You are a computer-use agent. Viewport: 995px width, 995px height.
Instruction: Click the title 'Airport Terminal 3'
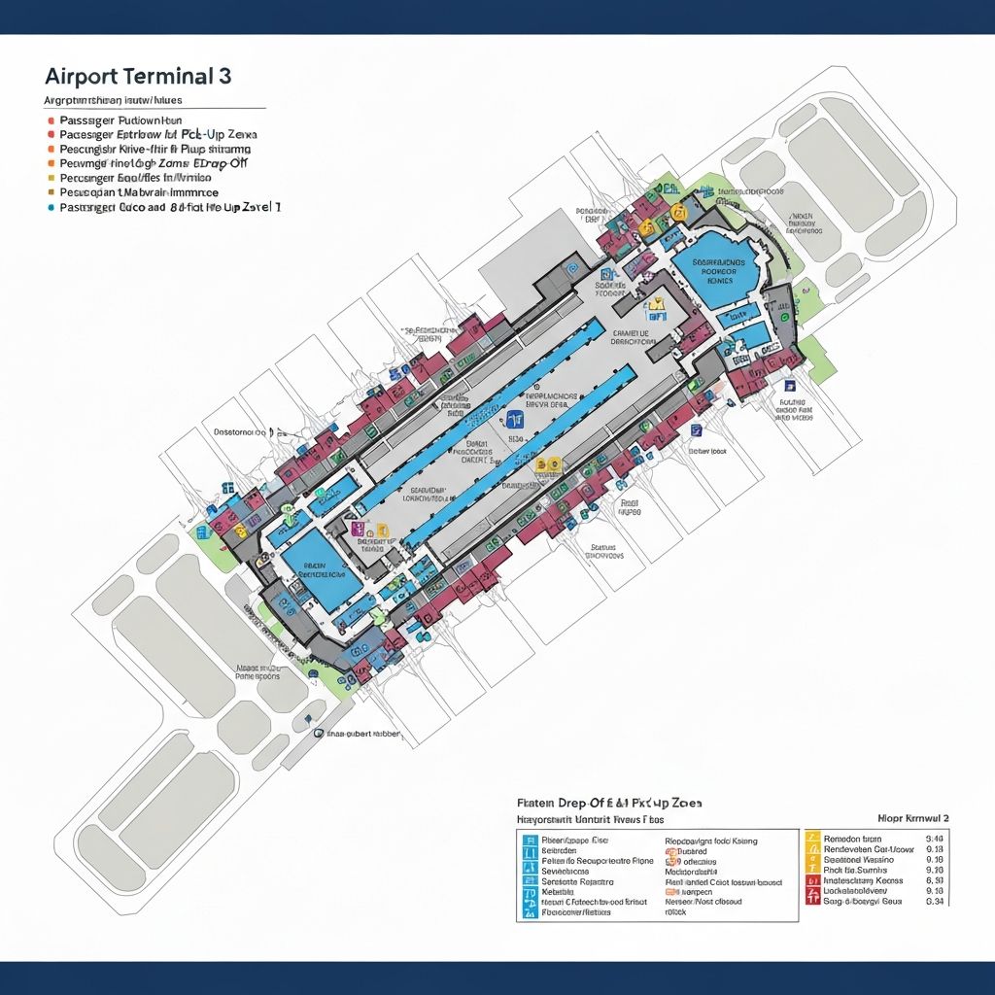(x=137, y=78)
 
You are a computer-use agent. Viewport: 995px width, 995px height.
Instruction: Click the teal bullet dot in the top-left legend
(x=50, y=208)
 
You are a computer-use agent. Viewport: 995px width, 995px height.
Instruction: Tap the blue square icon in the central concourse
(x=514, y=419)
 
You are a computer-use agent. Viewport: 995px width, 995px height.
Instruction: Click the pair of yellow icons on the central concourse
(x=548, y=465)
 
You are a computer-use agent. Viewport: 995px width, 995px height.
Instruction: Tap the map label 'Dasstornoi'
(x=240, y=430)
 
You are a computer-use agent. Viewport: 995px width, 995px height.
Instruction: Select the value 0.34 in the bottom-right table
(x=935, y=901)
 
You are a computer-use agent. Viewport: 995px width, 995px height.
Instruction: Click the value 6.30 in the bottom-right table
(x=935, y=879)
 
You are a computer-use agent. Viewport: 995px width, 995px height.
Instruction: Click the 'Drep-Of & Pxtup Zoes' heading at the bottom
(x=609, y=804)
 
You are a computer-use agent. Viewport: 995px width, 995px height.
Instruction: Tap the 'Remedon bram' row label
(x=852, y=838)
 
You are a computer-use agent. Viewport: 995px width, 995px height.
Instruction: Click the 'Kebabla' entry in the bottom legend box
(x=558, y=891)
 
